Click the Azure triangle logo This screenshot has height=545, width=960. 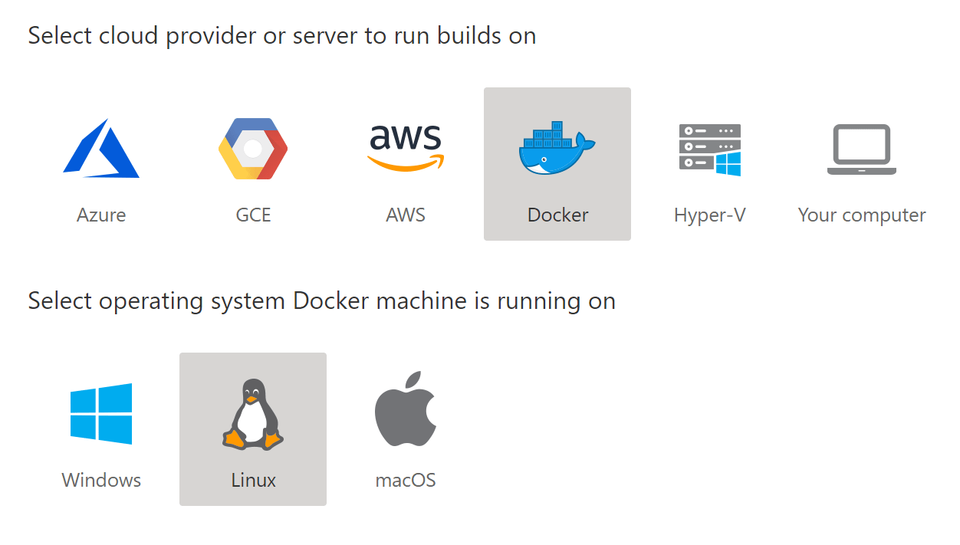(x=100, y=149)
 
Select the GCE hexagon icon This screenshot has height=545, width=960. (x=253, y=149)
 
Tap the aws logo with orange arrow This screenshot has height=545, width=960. (x=405, y=147)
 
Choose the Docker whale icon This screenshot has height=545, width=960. (x=557, y=149)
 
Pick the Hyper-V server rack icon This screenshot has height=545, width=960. (x=709, y=149)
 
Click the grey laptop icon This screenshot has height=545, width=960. (x=861, y=149)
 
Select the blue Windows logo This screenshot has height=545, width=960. (x=101, y=414)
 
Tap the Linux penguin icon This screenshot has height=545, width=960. (x=253, y=414)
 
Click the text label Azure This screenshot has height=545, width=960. (x=101, y=215)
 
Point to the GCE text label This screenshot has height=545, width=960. (x=253, y=215)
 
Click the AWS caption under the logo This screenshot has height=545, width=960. (x=405, y=215)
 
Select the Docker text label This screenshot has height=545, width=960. (x=557, y=215)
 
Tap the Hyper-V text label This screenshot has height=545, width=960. (x=709, y=215)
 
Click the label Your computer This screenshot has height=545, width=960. (x=861, y=215)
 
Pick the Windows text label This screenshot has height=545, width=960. (x=101, y=481)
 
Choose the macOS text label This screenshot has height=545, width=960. (x=405, y=481)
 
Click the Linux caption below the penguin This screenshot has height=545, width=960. (x=253, y=481)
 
